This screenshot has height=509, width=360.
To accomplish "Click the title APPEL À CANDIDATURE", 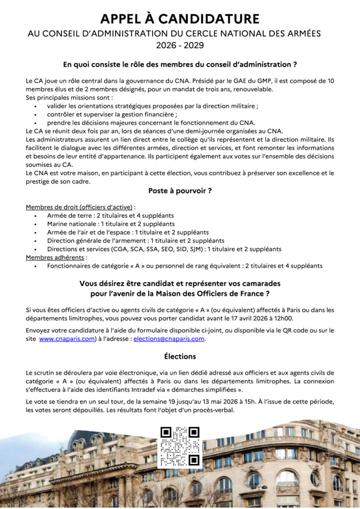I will click(180, 19).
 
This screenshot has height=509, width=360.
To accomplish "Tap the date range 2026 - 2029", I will click(180, 46).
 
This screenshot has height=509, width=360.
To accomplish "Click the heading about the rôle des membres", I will click(180, 64).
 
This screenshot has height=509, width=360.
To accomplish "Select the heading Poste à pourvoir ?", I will click(180, 190).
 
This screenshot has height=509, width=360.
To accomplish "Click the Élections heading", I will click(180, 356).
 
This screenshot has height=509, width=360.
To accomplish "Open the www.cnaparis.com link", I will click(67, 339).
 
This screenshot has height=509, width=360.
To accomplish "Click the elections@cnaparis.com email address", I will click(169, 339).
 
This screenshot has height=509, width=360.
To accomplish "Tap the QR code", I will click(180, 446).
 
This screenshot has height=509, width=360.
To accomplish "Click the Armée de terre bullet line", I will click(110, 215).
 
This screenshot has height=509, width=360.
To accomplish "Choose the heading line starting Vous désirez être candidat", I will click(180, 283).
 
